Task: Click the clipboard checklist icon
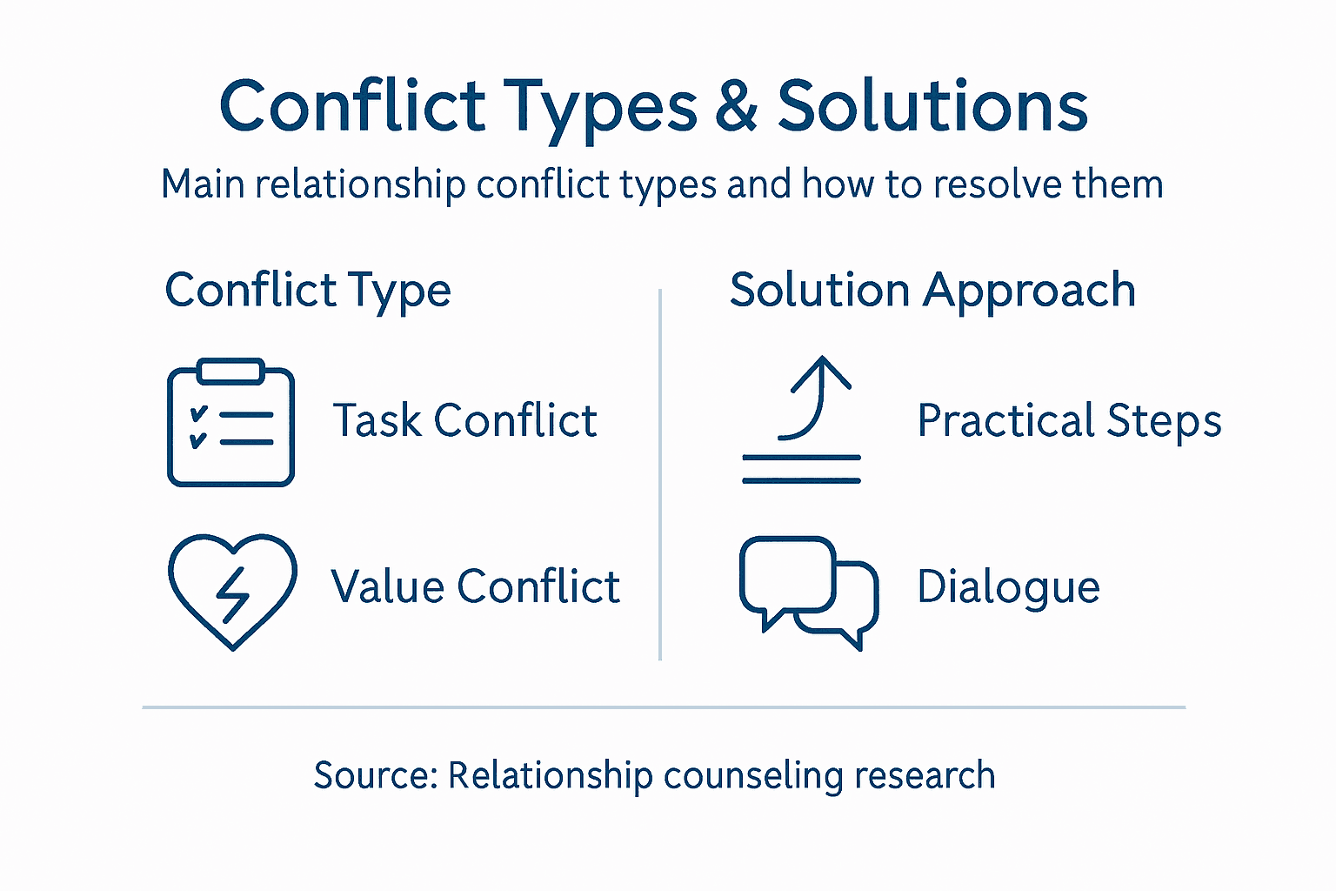tap(230, 423)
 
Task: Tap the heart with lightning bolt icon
tap(232, 590)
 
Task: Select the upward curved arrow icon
tap(802, 419)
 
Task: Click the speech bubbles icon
tap(808, 592)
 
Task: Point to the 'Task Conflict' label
tap(464, 421)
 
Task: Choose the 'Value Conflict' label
tap(475, 586)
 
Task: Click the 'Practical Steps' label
tap(1069, 421)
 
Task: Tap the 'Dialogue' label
tap(1008, 586)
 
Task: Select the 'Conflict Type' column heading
tap(308, 291)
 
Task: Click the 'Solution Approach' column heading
tap(932, 291)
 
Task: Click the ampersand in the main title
tap(737, 106)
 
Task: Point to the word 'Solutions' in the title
tap(932, 106)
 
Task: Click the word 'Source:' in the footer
tap(376, 775)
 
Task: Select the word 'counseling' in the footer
tap(753, 776)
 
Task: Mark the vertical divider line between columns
tap(660, 474)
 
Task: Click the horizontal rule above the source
tap(664, 707)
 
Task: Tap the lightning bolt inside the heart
tap(232, 594)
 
